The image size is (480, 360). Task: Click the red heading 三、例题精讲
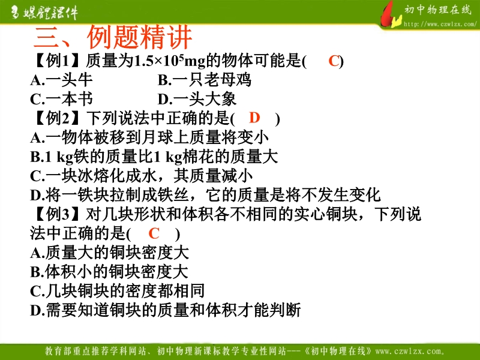[113, 37]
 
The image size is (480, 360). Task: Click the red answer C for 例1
[334, 61]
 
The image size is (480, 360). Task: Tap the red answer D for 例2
[254, 118]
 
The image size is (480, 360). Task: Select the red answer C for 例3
[154, 233]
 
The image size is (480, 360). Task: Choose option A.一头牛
[61, 80]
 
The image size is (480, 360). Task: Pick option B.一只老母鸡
[205, 80]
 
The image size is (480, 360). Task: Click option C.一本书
[61, 99]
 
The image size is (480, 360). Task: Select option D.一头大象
[197, 99]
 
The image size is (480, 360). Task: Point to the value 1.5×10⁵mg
[170, 61]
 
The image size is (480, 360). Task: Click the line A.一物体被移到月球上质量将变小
[149, 137]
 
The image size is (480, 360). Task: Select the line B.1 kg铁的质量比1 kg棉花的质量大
[154, 157]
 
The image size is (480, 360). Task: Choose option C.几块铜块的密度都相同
[117, 291]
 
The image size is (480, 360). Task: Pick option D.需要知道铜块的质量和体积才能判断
[166, 310]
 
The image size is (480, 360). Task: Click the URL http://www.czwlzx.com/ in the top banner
[440, 24]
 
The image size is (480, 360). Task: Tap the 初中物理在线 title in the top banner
[438, 10]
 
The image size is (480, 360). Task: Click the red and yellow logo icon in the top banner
[391, 15]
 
